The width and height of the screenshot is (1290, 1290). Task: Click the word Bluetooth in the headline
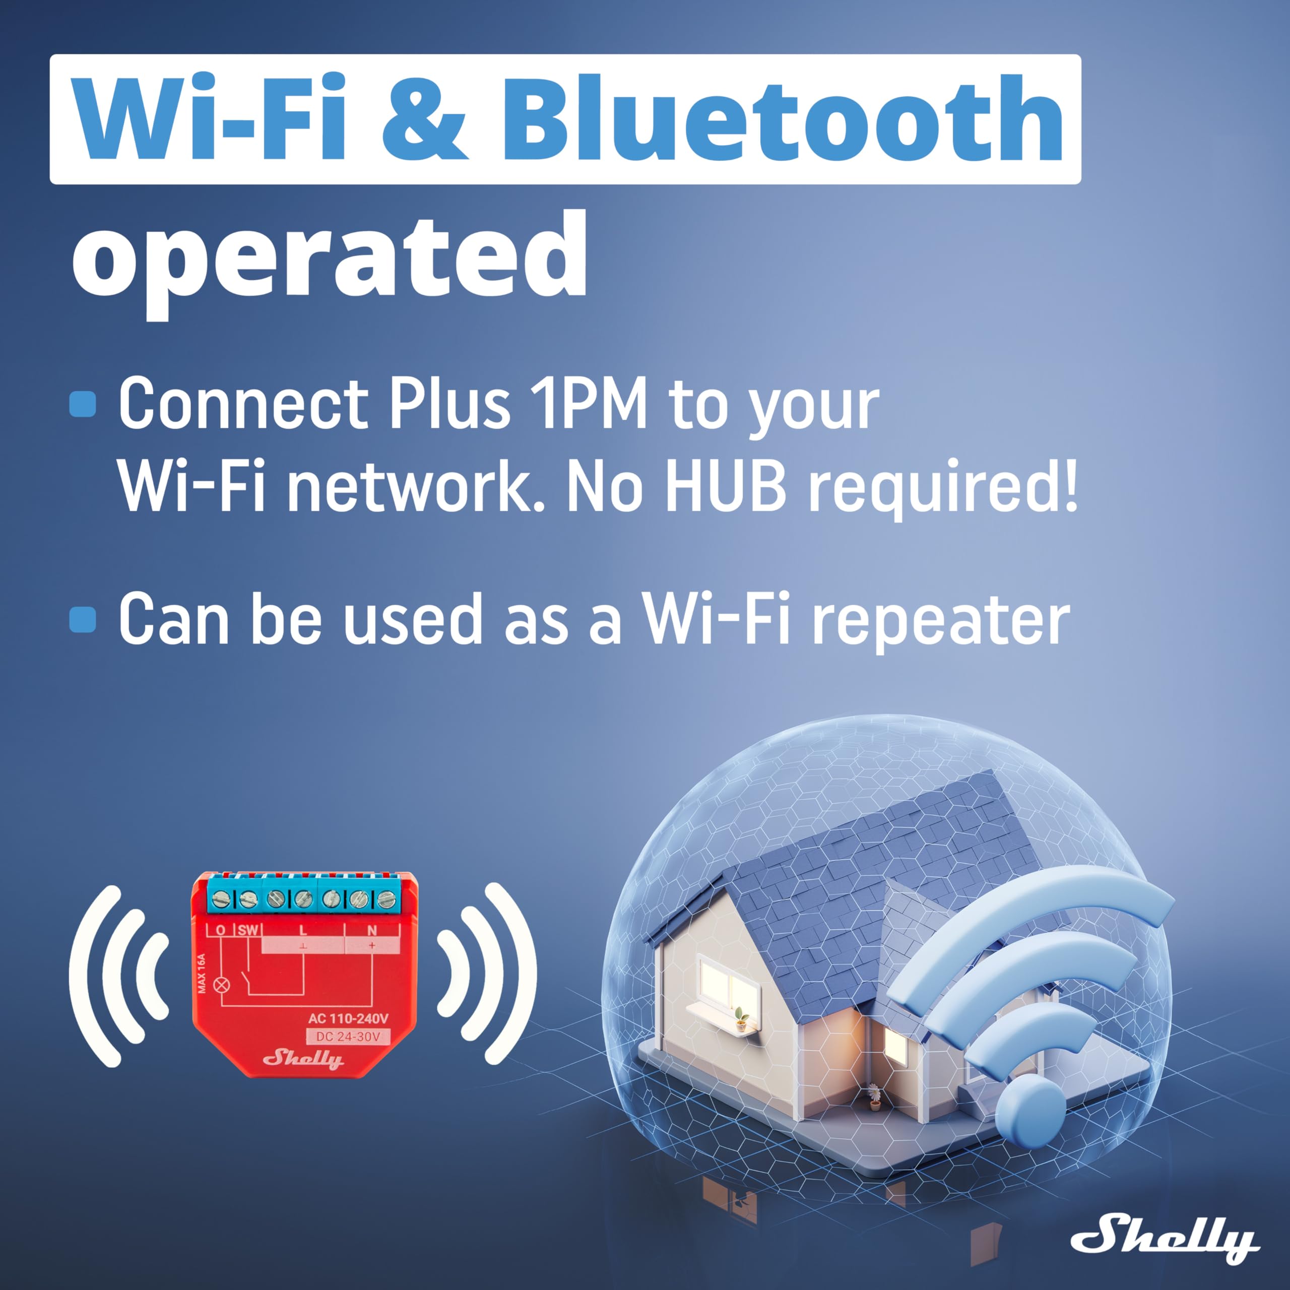[x=782, y=119]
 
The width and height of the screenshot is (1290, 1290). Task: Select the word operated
[x=329, y=257]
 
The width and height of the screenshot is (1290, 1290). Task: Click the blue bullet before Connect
[x=83, y=404]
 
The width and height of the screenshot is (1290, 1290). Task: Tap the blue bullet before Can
[x=83, y=619]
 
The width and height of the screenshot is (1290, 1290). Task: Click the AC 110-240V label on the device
[x=348, y=1019]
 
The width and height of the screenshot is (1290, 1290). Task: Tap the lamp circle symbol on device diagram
[x=220, y=985]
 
